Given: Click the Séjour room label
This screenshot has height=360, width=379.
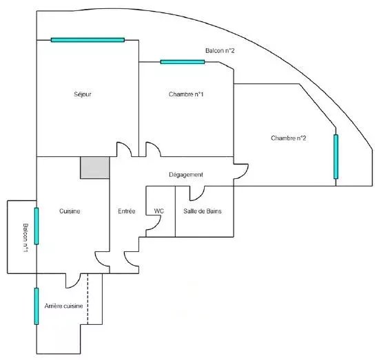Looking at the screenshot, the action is pos(83,94).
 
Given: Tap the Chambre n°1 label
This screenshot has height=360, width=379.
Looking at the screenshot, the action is pos(186,94).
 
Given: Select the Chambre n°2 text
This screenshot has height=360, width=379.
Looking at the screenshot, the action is pos(288,138).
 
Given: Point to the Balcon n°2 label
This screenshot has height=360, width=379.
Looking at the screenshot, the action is pos(220,51).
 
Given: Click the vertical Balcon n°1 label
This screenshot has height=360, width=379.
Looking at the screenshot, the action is pos(25,238).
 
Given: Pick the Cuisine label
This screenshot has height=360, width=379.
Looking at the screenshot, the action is pos(70,211).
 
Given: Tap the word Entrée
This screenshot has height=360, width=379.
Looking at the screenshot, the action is pos(126,211).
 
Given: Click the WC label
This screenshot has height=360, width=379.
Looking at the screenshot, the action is pos(158,211).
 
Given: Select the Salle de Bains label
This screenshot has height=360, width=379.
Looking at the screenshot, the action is pos(203,211).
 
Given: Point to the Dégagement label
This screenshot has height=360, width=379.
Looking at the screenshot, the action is pos(186,175).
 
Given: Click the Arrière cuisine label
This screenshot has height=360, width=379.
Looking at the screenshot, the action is pos(63,306).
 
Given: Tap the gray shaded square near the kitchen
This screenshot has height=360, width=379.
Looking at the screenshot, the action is pos(95,168).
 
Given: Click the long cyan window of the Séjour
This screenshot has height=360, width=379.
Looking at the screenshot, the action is pos(88,40).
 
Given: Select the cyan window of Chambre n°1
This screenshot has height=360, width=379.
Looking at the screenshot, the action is pos(183,62).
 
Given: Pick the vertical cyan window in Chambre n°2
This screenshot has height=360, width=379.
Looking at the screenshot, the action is pos(336,157).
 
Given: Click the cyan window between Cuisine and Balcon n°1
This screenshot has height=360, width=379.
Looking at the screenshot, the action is pos(37,226).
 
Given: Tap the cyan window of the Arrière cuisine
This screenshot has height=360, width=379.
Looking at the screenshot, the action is pos(37,306).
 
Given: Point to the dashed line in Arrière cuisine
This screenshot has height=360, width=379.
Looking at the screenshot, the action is pos(88,299).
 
